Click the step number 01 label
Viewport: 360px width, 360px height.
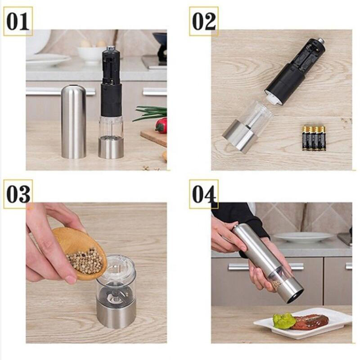(18, 21)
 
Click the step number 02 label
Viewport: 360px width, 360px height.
(204, 21)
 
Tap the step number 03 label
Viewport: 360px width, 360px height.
(18, 194)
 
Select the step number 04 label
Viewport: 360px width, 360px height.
(204, 194)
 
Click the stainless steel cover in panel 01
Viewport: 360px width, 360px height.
(73, 121)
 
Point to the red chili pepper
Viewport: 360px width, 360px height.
(162, 125)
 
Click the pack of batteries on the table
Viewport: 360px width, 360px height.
(314, 138)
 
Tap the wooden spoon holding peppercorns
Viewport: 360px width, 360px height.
(79, 252)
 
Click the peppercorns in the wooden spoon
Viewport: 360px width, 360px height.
(85, 261)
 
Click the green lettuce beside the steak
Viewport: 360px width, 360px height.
(284, 320)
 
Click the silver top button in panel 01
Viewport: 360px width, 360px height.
(111, 48)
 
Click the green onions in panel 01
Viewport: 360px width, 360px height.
(150, 113)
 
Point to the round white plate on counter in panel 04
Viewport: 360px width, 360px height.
(303, 238)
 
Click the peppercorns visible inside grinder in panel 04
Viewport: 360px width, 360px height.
(277, 284)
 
